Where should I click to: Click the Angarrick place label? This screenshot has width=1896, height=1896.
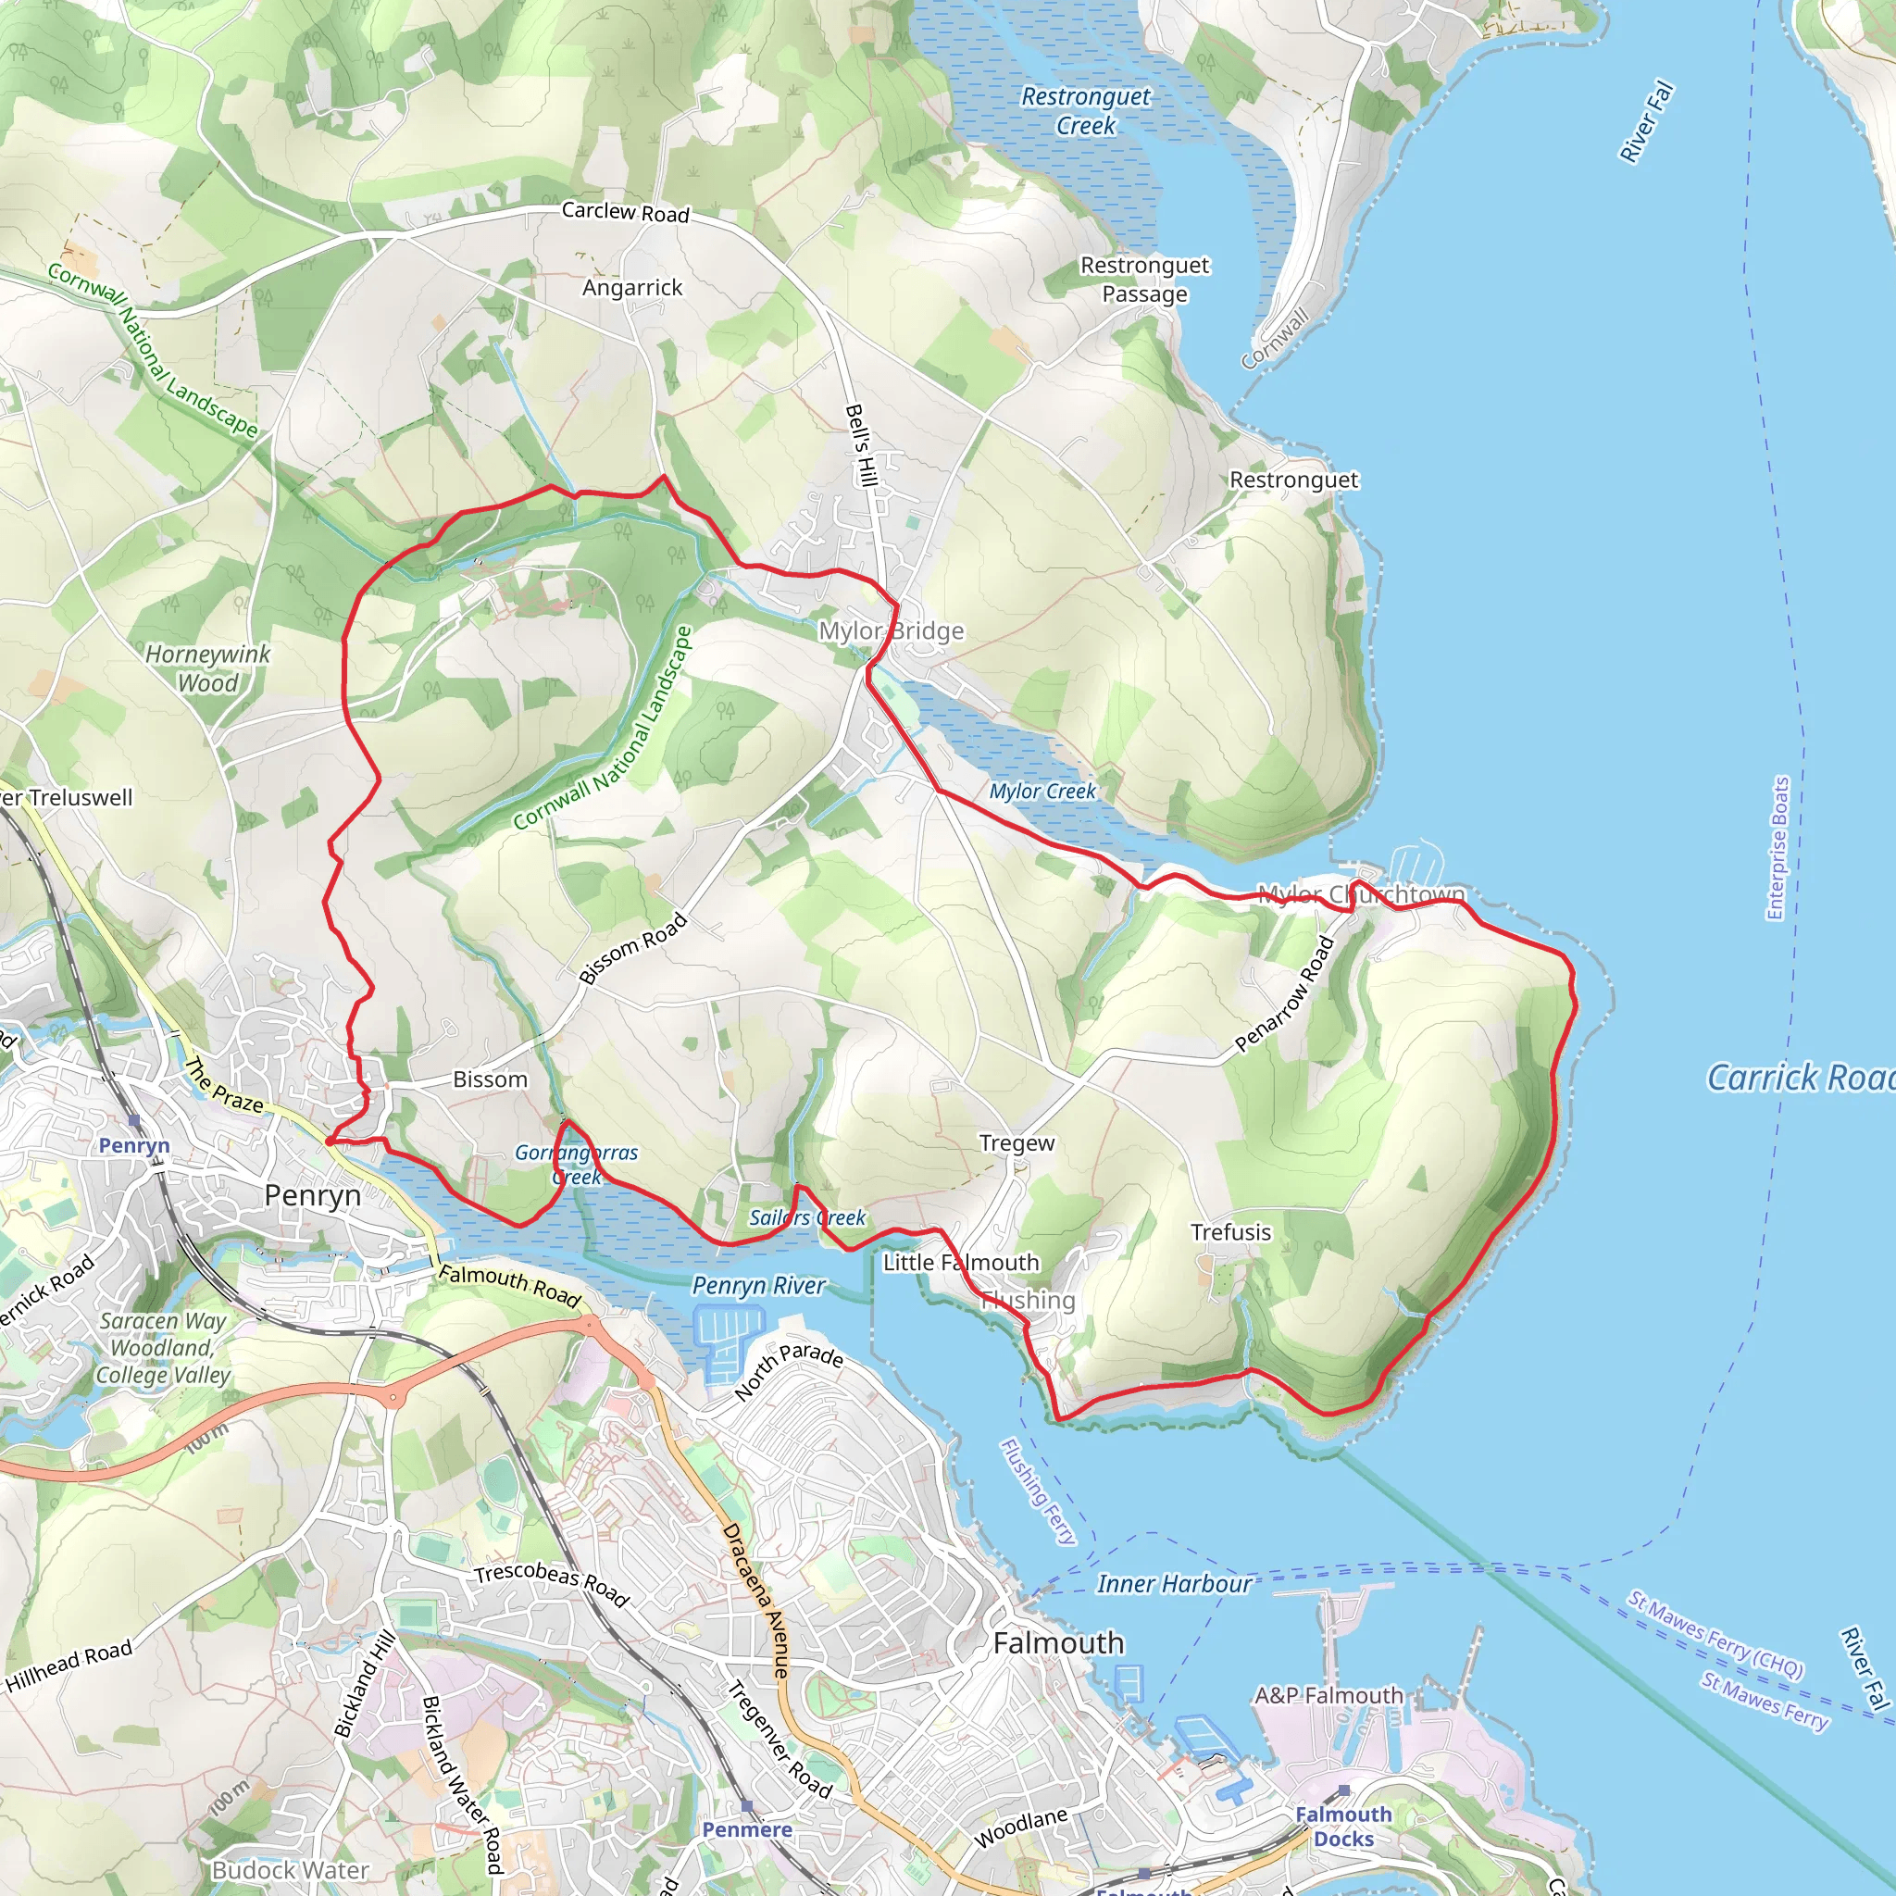[x=632, y=288]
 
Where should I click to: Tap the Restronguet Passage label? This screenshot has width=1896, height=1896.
[x=1144, y=280]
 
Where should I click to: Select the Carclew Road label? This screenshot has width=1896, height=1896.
[x=625, y=212]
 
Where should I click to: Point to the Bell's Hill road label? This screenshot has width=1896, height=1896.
[x=860, y=444]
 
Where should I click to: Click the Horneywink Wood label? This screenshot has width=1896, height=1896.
[x=207, y=668]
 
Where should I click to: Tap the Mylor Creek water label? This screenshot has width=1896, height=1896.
[x=1042, y=791]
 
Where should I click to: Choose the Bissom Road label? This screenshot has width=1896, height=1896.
[x=633, y=948]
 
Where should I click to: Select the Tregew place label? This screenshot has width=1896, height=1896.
[x=1017, y=1143]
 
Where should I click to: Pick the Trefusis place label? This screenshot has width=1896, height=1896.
[x=1230, y=1232]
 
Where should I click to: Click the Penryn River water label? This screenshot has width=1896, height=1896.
[x=758, y=1286]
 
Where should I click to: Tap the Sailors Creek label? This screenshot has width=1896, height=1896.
[x=806, y=1218]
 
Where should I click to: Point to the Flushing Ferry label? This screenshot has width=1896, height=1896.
[x=1037, y=1491]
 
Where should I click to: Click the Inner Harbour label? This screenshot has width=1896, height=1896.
[x=1174, y=1584]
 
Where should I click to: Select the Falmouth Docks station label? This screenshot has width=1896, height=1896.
[x=1343, y=1827]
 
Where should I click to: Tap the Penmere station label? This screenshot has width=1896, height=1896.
[x=747, y=1829]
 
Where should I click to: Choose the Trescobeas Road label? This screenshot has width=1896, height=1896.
[x=551, y=1583]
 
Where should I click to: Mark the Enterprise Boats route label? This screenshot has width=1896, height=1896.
[x=1777, y=848]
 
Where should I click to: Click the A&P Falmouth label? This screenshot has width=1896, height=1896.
[x=1328, y=1696]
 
